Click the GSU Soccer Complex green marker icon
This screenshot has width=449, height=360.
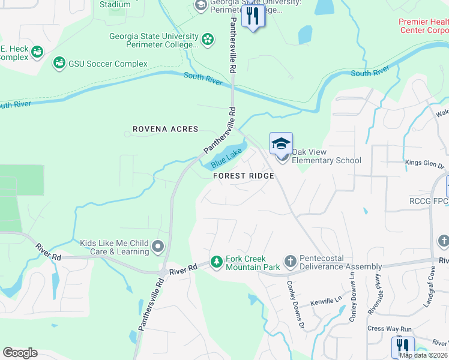pos(59,63)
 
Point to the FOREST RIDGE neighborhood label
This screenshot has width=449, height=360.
pos(244,176)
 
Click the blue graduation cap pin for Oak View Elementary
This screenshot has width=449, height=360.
pos(281,144)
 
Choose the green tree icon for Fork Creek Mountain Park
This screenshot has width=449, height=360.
pos(216,262)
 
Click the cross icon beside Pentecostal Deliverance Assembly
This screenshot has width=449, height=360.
pos(290,262)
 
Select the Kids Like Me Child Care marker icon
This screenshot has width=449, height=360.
pos(158,247)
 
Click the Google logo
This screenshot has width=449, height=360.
pos(20,353)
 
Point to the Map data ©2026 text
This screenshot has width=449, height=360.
pos(423,355)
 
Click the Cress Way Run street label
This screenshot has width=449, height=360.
pos(389,329)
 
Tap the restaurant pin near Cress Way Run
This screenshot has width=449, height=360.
pos(403,346)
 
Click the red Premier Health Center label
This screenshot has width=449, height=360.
pos(423,26)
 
